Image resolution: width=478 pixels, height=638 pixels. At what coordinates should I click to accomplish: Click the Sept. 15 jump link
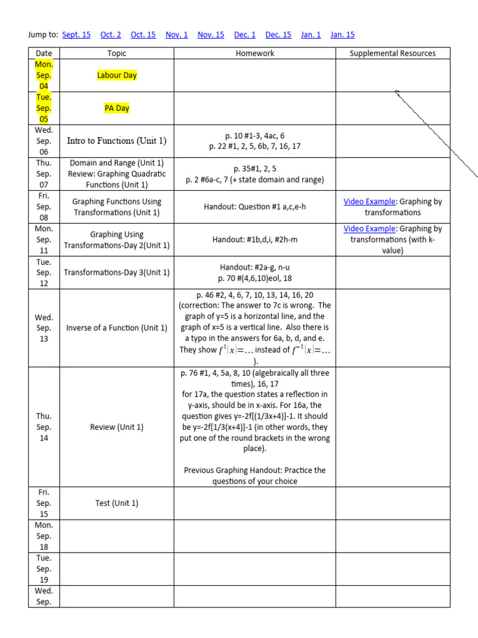[77, 35]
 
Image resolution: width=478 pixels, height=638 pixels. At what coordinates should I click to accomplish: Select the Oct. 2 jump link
[111, 35]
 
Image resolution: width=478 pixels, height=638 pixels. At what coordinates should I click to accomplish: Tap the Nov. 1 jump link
[177, 35]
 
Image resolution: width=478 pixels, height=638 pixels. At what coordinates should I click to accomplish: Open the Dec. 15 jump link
[278, 35]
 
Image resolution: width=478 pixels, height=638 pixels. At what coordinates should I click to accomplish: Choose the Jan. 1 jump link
[311, 35]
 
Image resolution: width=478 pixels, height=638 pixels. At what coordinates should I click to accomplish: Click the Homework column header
[255, 54]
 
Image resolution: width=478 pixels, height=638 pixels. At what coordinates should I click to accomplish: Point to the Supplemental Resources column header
[393, 54]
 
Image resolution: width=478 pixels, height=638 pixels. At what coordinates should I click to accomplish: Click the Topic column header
[117, 54]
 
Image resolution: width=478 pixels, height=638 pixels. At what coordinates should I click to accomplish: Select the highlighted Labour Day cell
[117, 75]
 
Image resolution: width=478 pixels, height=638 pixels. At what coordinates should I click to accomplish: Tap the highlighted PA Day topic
[117, 108]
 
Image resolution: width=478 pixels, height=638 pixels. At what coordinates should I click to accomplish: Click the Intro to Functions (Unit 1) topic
[117, 141]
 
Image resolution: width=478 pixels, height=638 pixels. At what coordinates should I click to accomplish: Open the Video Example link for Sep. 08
[370, 202]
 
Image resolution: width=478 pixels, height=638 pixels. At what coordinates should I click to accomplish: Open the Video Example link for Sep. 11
[370, 229]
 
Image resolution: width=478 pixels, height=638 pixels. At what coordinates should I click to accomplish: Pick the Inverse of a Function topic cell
[117, 328]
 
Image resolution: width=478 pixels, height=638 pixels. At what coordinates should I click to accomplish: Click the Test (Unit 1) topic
[117, 503]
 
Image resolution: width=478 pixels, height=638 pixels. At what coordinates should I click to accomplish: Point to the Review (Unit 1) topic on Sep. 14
[117, 427]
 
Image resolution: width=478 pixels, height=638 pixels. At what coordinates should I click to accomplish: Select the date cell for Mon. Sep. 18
[44, 536]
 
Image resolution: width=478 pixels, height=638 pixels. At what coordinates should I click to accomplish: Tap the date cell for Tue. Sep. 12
[44, 273]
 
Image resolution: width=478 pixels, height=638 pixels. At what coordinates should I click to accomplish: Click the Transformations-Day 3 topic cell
[117, 273]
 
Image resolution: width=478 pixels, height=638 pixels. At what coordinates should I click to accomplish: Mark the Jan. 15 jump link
[342, 35]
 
